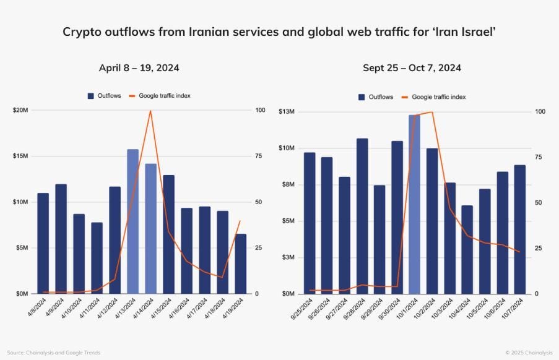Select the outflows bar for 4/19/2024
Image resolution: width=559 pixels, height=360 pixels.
[240, 264]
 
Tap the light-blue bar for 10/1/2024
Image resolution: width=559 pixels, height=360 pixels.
[414, 204]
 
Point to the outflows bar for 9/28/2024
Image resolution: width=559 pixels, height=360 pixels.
[362, 216]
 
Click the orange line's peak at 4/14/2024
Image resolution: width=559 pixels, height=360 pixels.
[150, 111]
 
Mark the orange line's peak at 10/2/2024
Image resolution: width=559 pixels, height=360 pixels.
[431, 112]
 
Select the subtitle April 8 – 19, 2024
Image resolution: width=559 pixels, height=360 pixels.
[139, 68]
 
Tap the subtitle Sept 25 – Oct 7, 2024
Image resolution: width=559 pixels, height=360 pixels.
[412, 68]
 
